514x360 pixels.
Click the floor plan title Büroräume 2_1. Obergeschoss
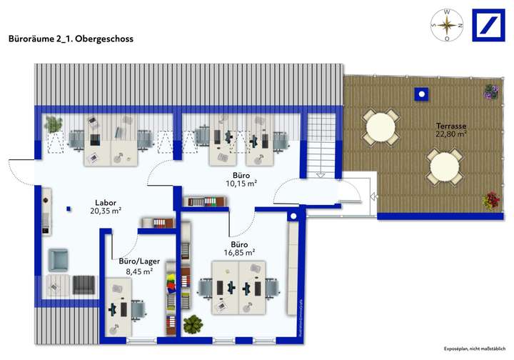(70, 40)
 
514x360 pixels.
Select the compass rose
(447, 26)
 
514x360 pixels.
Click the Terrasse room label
(451, 126)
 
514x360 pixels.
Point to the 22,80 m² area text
(451, 134)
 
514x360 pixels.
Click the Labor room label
(106, 202)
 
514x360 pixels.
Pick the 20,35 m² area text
(106, 211)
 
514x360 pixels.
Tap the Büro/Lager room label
(138, 262)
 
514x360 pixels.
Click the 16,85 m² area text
(241, 252)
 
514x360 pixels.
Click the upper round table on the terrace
(380, 126)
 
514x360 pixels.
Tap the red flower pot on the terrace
(490, 201)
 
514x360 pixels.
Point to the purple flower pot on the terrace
(490, 91)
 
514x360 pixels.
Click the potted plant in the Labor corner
(53, 124)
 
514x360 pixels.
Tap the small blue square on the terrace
(422, 94)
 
